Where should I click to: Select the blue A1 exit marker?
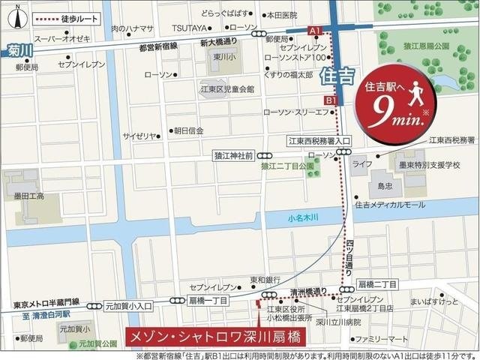coord(316,30)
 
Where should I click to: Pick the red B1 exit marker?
coord(331,100)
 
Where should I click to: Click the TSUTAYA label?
coord(187,28)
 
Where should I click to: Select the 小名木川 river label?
coord(304,218)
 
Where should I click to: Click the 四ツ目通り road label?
coord(350,255)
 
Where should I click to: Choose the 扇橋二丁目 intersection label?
coord(377,284)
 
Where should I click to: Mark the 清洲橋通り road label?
coord(309,292)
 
